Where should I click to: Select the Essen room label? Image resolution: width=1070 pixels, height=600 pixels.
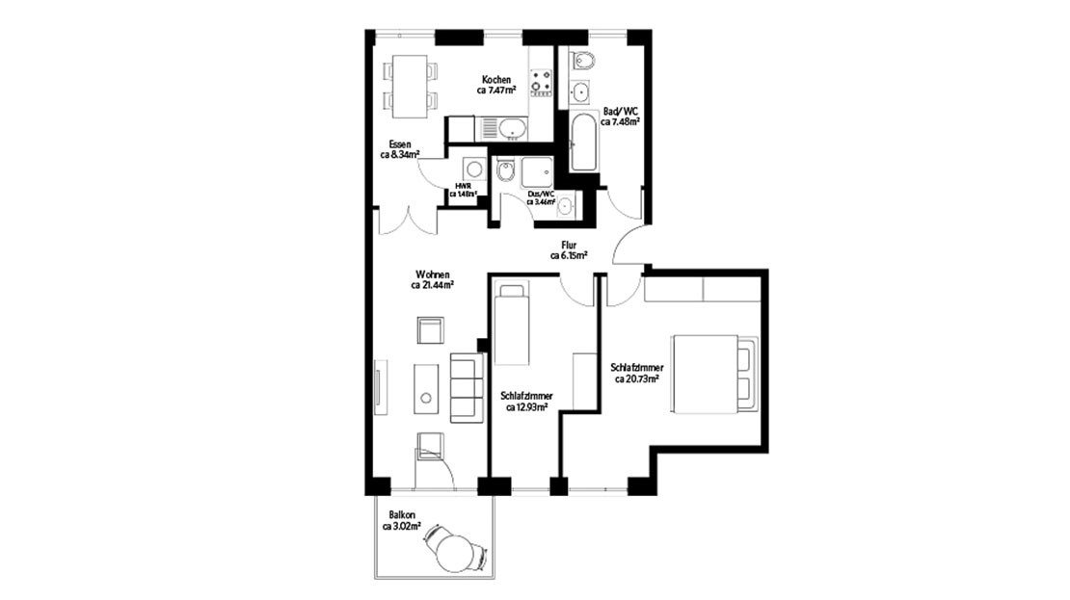pyautogui.click(x=399, y=144)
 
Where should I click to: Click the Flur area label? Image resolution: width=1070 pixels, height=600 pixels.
pyautogui.click(x=569, y=246)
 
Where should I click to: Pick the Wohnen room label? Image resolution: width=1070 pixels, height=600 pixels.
pyautogui.click(x=432, y=274)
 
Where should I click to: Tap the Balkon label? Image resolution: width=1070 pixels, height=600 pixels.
pyautogui.click(x=403, y=515)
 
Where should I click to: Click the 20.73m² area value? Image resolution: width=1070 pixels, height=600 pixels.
pyautogui.click(x=636, y=379)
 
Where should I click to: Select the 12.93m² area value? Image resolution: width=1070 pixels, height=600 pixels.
pyautogui.click(x=526, y=407)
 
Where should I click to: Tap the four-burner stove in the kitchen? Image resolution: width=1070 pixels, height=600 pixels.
pyautogui.click(x=540, y=83)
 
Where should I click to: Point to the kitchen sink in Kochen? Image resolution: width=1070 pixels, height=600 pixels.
pyautogui.click(x=510, y=127)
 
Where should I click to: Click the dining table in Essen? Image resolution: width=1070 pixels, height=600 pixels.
pyautogui.click(x=410, y=84)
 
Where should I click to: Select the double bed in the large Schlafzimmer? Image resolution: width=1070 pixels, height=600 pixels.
pyautogui.click(x=714, y=374)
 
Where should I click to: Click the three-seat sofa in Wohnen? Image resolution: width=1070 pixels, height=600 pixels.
pyautogui.click(x=468, y=386)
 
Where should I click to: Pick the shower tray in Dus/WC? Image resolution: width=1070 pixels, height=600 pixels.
pyautogui.click(x=536, y=172)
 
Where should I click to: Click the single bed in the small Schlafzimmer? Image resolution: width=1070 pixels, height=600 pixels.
pyautogui.click(x=511, y=325)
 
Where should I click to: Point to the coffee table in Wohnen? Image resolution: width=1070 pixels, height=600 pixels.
pyautogui.click(x=425, y=388)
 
